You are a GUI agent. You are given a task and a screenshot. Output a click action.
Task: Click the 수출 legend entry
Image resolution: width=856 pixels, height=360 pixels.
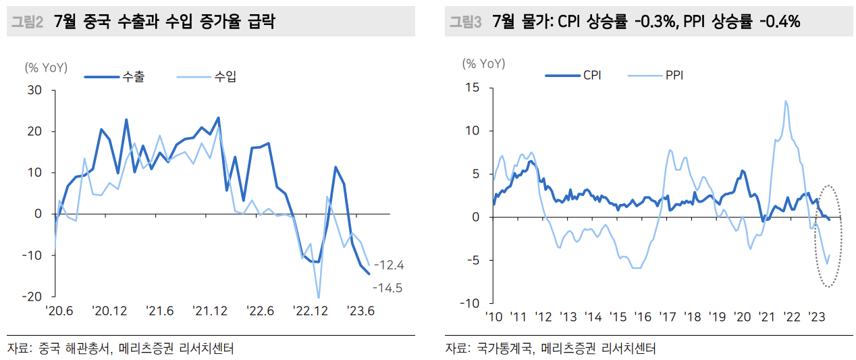point(115,77)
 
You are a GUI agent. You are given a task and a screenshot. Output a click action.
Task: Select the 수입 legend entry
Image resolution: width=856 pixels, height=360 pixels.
point(207,77)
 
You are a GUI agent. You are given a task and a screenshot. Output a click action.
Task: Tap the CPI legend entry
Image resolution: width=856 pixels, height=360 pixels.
point(573,75)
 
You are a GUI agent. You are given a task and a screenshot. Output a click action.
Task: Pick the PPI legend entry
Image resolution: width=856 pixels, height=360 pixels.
point(656,75)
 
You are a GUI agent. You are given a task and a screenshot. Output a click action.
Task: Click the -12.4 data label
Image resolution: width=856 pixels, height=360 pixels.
point(389,265)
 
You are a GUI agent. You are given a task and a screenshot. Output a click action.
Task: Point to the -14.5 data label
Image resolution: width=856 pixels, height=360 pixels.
point(387,288)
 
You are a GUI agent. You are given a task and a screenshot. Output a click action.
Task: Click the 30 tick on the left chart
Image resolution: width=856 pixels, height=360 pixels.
point(34,91)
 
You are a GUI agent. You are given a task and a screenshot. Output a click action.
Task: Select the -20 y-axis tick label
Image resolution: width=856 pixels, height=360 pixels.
point(32,297)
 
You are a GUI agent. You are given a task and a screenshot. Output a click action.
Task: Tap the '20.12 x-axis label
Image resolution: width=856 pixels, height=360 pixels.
point(109,311)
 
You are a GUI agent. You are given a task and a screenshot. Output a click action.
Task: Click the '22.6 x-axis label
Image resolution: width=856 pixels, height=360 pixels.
point(260,311)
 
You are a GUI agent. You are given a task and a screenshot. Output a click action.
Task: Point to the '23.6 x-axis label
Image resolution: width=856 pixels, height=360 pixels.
point(360,311)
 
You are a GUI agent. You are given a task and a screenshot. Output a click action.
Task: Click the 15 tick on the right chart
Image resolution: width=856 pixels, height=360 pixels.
point(473,88)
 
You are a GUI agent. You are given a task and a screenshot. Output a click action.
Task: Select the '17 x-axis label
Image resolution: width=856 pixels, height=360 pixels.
point(668,317)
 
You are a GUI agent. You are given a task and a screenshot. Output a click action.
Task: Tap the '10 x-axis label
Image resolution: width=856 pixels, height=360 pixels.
point(493,317)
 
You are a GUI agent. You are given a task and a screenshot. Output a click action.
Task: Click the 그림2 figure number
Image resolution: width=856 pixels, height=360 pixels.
point(27,22)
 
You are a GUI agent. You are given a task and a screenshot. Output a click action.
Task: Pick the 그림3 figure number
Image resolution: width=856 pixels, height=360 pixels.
point(465,22)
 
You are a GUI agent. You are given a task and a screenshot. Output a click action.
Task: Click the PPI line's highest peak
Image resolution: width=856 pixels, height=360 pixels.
point(786,101)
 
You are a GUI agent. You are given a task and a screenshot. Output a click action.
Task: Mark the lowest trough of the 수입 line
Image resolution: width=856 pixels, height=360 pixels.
point(319,297)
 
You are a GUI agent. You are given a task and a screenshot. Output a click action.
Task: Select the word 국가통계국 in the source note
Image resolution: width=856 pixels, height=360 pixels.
point(504,348)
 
